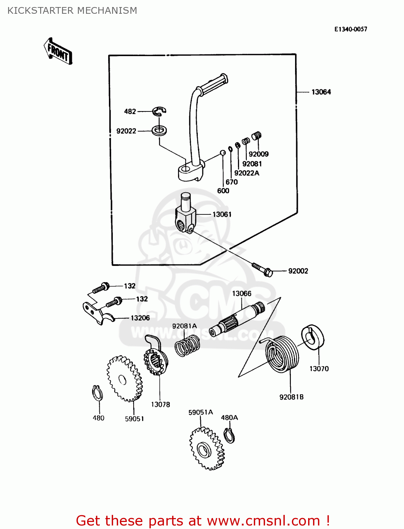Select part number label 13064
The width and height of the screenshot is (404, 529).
(321, 92)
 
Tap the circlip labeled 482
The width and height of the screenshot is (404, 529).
(159, 111)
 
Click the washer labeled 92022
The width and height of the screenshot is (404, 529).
(159, 130)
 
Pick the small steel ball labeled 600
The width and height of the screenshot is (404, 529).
(223, 153)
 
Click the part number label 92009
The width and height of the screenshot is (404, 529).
(258, 154)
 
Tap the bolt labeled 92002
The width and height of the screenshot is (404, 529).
(263, 269)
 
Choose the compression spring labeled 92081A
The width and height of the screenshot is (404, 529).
(188, 345)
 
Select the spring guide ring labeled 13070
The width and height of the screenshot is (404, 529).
(313, 338)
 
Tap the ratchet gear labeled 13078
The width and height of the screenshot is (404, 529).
(155, 359)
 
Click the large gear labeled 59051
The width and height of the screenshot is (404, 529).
(124, 379)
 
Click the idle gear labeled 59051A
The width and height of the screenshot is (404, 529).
(206, 449)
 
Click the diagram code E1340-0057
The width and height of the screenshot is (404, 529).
(350, 29)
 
